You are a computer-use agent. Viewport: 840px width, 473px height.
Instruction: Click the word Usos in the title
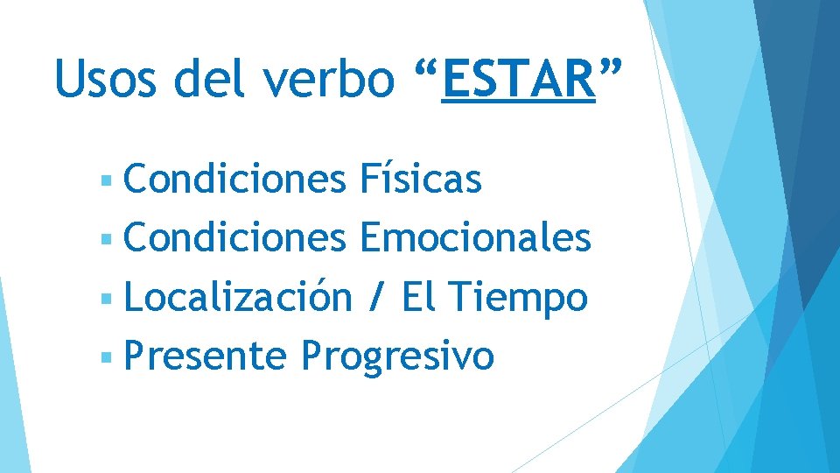pos(106,79)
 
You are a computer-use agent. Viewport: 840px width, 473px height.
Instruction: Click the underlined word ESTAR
pos(518,79)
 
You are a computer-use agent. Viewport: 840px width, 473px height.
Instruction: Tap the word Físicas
pos(420,180)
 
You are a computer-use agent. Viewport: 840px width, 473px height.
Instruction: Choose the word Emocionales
pos(475,237)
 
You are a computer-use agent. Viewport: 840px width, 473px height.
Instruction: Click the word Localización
pos(238,297)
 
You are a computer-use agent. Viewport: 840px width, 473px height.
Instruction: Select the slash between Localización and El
pos(376,298)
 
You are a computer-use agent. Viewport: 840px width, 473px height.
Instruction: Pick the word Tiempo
pos(520,298)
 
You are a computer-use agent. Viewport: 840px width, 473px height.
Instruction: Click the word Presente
pos(206,357)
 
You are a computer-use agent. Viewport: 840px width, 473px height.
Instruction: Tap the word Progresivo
pos(397,357)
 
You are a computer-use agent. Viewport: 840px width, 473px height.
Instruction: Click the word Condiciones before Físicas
pos(235,180)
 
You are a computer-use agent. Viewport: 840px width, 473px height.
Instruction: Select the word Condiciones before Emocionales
pos(235,237)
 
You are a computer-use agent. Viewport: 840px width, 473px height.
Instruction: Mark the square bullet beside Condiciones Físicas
pos(106,181)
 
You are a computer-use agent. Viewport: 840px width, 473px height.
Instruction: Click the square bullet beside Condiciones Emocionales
pos(106,239)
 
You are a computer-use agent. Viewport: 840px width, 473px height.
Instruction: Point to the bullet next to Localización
pos(106,299)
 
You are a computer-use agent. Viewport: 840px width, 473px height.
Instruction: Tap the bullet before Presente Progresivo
pos(106,357)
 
